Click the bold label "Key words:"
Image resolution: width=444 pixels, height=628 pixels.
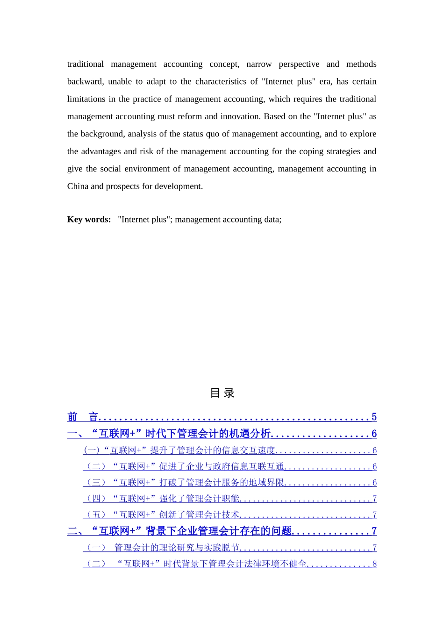[89, 220]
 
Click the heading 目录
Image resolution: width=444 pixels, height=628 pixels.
[222, 393]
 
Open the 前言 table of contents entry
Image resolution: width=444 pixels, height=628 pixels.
[83, 417]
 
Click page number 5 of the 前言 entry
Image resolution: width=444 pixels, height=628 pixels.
[374, 417]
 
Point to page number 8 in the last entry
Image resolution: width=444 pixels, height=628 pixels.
[374, 564]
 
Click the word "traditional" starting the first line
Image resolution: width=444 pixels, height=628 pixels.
[86, 64]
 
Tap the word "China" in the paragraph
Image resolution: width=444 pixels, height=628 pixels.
[78, 186]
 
